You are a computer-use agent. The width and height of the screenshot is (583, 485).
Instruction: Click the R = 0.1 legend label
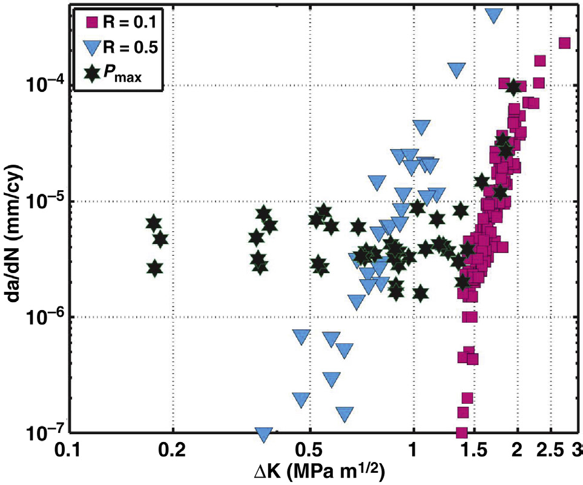coord(128,24)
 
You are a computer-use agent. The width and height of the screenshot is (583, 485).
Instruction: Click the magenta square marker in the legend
coord(92,24)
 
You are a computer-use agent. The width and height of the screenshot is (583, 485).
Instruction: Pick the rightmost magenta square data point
coord(564,42)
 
